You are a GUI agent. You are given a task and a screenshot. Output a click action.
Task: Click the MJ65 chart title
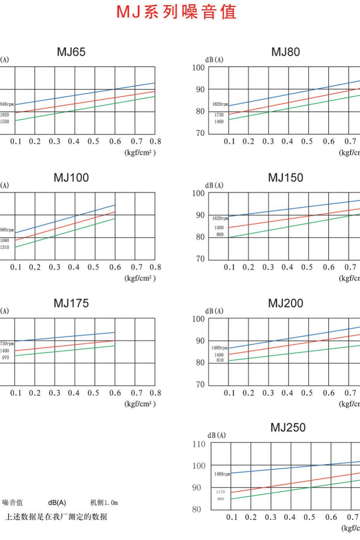click(71, 52)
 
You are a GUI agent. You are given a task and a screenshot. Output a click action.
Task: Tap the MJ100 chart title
click(71, 178)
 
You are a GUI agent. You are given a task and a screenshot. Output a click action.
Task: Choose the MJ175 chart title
click(71, 303)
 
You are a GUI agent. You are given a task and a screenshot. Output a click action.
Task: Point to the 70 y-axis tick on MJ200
click(201, 385)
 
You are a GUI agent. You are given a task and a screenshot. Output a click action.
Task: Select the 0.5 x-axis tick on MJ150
click(307, 267)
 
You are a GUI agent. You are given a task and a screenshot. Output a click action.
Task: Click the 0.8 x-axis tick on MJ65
click(155, 141)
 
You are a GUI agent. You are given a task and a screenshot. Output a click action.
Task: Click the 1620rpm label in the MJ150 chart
click(220, 218)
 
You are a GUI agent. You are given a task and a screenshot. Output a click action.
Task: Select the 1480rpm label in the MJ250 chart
click(222, 473)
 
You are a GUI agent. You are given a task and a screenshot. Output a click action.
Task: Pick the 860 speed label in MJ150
click(220, 235)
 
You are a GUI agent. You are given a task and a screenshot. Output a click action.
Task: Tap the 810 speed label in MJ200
click(220, 360)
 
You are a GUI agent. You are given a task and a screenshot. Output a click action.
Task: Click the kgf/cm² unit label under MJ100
click(140, 278)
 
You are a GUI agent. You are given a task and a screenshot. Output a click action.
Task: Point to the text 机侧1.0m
click(104, 503)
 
